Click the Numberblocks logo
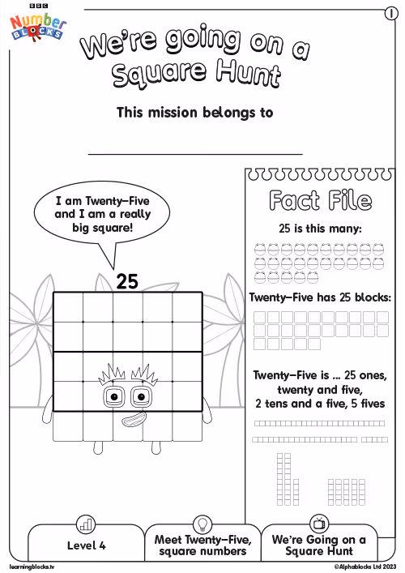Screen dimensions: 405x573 pos(37,25)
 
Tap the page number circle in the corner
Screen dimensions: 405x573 pos(391,14)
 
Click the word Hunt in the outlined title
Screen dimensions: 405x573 pos(248,74)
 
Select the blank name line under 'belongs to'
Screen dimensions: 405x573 pos(195,154)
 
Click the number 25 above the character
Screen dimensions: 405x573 pos(127,281)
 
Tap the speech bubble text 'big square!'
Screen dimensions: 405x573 pos(103,228)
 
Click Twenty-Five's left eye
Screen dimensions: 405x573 pos(113,396)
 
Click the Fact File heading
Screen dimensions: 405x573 pos(321,201)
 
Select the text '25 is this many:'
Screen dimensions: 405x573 pos(320,229)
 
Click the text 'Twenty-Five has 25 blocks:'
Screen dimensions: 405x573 pos(320,297)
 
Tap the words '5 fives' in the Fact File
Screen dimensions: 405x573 pos(368,404)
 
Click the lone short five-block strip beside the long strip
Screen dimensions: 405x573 pos(375,439)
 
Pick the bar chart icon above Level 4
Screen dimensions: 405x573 pos(86,524)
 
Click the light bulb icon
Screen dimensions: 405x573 pos(202,524)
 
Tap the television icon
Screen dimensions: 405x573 pos(319,524)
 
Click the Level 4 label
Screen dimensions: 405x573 pos(86,545)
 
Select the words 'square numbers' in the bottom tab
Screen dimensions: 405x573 pos(202,552)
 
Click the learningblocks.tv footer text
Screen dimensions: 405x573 pos(32,567)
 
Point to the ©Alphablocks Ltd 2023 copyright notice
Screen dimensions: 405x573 pos(364,567)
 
